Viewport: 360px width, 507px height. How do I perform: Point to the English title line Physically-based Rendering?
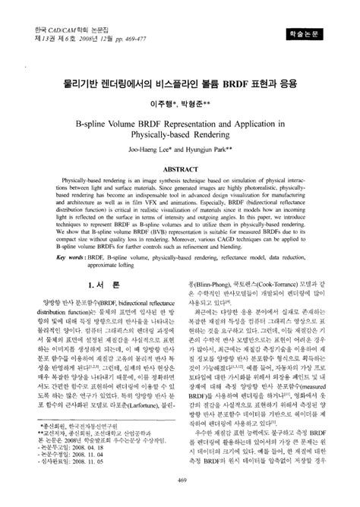coord(180,131)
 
